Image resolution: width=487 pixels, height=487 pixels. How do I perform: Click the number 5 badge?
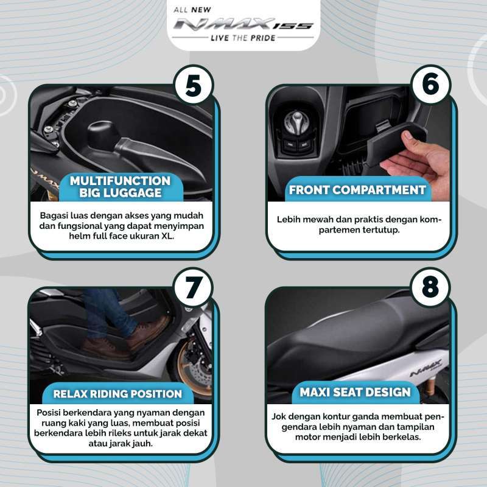pyautogui.click(x=194, y=85)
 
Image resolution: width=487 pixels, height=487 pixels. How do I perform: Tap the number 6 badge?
pyautogui.click(x=430, y=84)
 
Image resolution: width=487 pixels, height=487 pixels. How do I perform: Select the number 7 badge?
pyautogui.click(x=194, y=287)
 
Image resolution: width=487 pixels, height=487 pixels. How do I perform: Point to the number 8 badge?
pyautogui.click(x=430, y=287)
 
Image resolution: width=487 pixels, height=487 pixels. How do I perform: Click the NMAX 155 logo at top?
pyautogui.click(x=242, y=24)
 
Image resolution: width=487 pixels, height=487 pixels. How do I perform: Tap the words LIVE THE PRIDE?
pyautogui.click(x=243, y=38)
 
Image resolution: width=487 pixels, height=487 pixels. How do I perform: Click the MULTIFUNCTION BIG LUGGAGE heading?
pyautogui.click(x=120, y=187)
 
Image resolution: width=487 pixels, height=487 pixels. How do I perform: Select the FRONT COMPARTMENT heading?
pyautogui.click(x=357, y=190)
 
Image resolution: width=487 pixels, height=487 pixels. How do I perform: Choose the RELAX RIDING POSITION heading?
pyautogui.click(x=117, y=394)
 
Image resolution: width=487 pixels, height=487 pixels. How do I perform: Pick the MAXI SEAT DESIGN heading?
pyautogui.click(x=355, y=392)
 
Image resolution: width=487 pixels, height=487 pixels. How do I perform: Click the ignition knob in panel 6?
pyautogui.click(x=296, y=122)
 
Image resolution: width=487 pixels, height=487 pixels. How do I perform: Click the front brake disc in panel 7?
pyautogui.click(x=195, y=368)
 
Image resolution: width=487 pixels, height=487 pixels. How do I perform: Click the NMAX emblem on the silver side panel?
pyautogui.click(x=426, y=368)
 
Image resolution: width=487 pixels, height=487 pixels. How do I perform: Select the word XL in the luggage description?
pyautogui.click(x=167, y=236)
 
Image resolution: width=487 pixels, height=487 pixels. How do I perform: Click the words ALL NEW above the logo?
pyautogui.click(x=192, y=10)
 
